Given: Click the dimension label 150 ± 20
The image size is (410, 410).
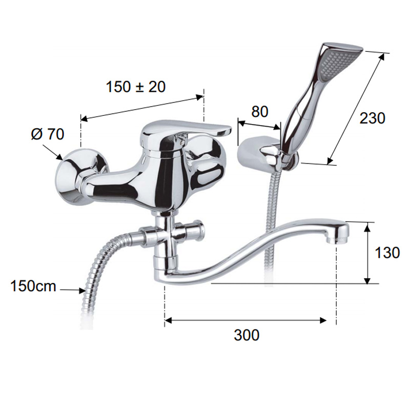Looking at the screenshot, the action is (x=136, y=87).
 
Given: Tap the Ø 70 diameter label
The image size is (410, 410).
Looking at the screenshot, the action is (x=48, y=134).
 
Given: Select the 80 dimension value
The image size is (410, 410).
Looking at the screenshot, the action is (x=260, y=111).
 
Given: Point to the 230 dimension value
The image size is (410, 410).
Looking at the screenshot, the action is (x=373, y=118).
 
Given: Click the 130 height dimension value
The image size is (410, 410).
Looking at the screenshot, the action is (x=387, y=252).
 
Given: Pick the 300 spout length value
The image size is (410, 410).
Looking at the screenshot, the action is (x=247, y=335).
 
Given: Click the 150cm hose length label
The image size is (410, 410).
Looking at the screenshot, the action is (x=33, y=286).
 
